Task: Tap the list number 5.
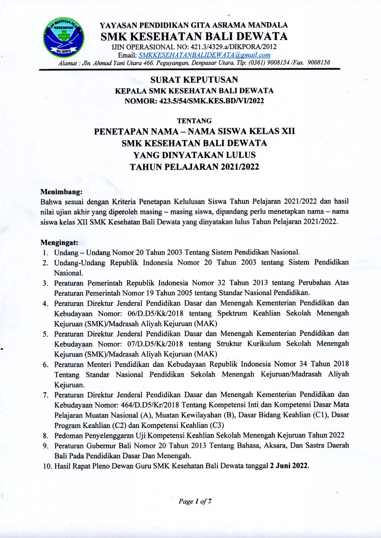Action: point(48,334)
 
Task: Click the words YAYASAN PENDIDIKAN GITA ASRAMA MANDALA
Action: point(194,25)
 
